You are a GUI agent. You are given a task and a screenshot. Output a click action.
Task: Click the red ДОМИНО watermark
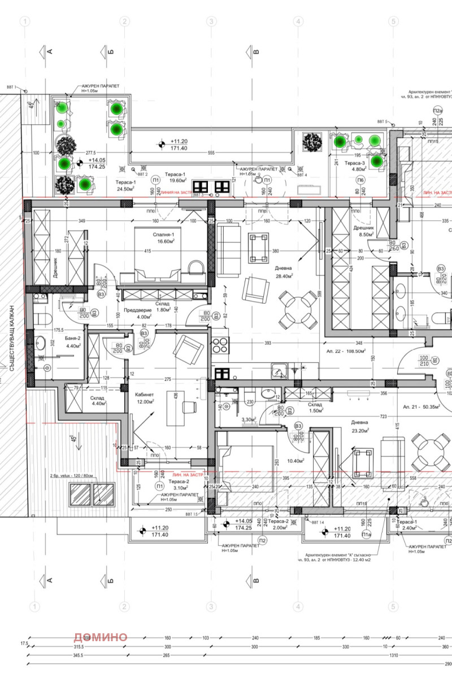click(x=100, y=637)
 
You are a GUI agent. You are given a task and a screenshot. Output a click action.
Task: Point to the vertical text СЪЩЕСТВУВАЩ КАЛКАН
click(x=11, y=339)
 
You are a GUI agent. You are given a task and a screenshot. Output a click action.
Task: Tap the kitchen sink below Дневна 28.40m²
click(x=279, y=371)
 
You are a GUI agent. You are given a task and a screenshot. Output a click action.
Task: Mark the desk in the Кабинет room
click(x=175, y=408)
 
